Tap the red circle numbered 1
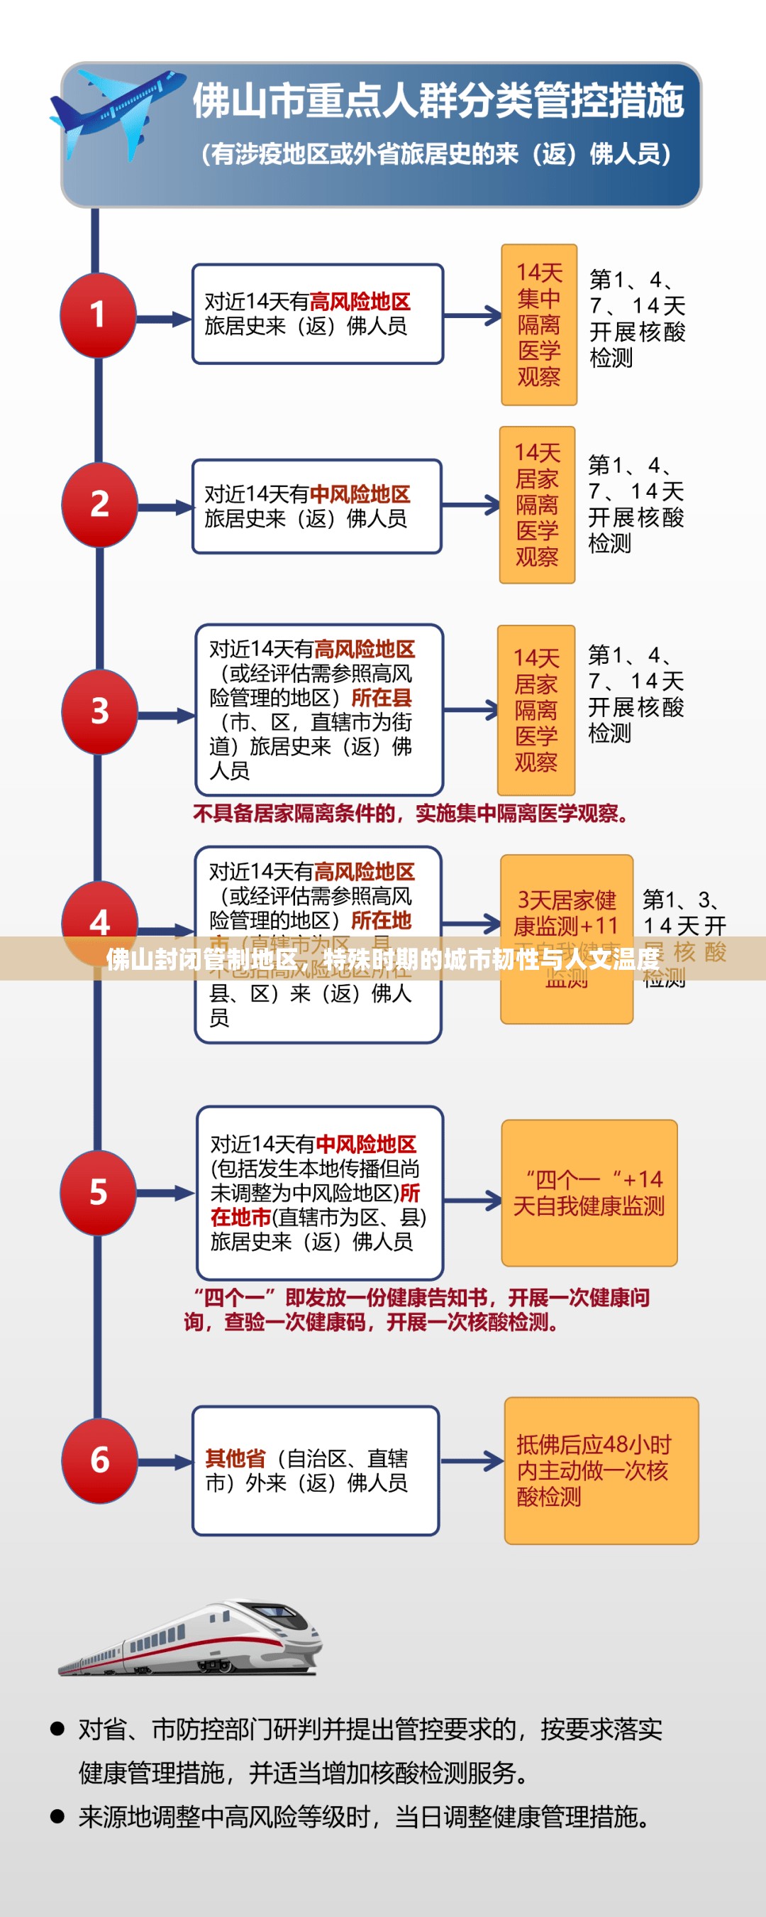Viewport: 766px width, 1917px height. click(98, 315)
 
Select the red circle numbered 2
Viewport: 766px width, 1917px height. click(100, 505)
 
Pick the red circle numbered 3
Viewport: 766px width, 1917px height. click(100, 711)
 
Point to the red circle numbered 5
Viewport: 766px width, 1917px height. click(98, 1192)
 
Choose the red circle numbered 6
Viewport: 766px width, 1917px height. click(100, 1460)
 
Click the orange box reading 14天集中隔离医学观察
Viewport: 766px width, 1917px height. click(539, 324)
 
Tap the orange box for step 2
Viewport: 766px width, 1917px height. click(537, 505)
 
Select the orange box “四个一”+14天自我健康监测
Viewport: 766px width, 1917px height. click(589, 1192)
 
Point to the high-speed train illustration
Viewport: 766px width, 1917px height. click(192, 1639)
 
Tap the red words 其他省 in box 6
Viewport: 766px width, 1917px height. click(235, 1458)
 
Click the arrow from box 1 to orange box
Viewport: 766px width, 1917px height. click(473, 315)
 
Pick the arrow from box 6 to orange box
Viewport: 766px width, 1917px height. click(472, 1460)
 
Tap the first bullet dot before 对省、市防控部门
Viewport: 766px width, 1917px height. click(57, 1728)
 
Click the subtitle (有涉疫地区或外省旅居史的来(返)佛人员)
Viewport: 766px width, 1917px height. click(438, 154)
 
